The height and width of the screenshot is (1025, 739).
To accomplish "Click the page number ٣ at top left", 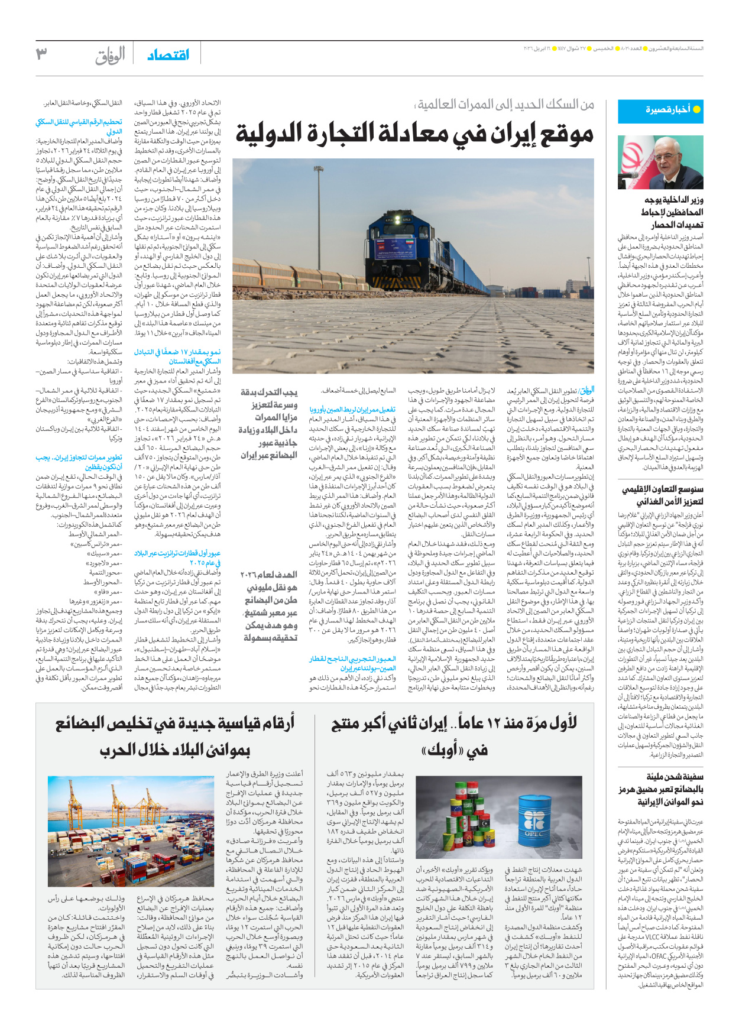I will [41, 55].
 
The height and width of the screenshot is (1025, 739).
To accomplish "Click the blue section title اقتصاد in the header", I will [168, 55].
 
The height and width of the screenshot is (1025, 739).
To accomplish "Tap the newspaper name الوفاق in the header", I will [111, 56].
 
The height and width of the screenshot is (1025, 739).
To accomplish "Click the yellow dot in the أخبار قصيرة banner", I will [696, 109].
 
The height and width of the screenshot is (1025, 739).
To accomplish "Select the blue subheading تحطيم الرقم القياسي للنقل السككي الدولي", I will [79, 126].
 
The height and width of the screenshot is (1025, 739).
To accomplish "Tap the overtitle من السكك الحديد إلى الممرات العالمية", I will [505, 105].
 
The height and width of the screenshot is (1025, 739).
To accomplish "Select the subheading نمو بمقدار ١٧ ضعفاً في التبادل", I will [177, 356].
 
